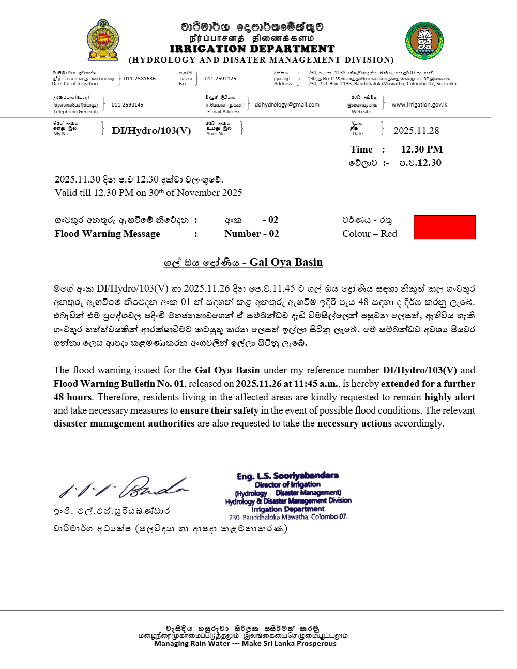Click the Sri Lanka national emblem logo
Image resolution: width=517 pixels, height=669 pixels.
[103, 40]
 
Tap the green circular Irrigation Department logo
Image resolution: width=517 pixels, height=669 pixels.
[424, 40]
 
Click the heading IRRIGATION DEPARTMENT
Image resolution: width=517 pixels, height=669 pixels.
[252, 49]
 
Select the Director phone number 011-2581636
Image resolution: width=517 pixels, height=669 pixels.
[140, 79]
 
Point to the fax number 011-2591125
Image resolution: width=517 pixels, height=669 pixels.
[220, 79]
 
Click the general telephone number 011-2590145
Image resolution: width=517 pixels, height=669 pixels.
[127, 105]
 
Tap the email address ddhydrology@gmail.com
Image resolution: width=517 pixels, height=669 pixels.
[287, 104]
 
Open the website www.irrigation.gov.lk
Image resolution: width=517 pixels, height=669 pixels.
[419, 104]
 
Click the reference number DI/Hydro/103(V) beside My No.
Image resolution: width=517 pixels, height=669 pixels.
[151, 131]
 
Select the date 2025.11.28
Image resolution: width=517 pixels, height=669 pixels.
[416, 131]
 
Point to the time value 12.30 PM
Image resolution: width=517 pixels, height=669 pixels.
[422, 149]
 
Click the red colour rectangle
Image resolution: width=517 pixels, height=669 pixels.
[445, 227]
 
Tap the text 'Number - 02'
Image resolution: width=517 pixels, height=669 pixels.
[252, 234]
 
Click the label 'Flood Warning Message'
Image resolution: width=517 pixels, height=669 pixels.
[108, 234]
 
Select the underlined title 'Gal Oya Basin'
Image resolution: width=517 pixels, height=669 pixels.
[286, 262]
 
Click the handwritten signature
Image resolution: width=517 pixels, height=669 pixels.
[124, 486]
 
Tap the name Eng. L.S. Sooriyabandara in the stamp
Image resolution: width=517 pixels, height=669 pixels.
[287, 476]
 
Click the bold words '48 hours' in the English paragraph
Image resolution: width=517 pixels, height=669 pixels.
[72, 397]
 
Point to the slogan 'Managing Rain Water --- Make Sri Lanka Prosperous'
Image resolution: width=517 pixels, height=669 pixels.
[245, 643]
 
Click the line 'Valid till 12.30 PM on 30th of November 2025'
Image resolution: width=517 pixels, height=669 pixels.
[148, 193]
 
